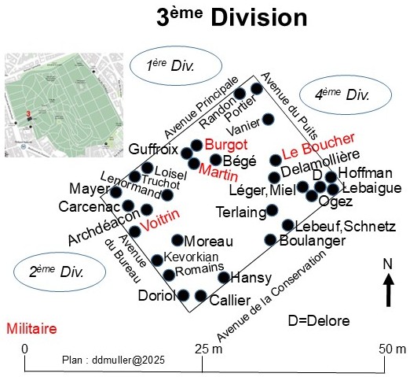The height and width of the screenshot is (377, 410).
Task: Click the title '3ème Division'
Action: (232, 17)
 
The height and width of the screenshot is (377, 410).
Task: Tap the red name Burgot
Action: (226, 145)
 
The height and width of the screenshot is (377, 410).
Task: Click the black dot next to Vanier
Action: (268, 119)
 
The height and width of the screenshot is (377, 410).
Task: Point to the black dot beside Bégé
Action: (215, 159)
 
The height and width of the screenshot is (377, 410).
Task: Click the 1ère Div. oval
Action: (176, 65)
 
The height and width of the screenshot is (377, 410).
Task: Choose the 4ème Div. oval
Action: (346, 94)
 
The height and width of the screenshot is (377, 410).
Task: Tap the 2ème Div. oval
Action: (60, 272)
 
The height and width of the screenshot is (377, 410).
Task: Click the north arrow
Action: (389, 290)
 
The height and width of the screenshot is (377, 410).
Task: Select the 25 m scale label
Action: (209, 349)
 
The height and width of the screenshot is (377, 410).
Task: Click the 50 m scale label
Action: (392, 349)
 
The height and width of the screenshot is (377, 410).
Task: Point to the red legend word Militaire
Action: (31, 329)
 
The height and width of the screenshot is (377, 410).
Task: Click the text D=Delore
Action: (319, 320)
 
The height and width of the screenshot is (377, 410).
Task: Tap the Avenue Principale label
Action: (201, 108)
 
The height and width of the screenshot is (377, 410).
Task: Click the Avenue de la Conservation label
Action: (272, 296)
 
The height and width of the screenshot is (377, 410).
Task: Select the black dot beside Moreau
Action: (178, 240)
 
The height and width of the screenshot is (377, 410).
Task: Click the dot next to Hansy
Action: (224, 277)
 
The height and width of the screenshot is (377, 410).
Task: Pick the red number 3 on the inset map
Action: (28, 114)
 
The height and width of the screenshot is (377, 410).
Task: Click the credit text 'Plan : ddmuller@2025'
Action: (113, 360)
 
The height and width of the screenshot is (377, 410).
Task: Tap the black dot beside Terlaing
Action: (272, 210)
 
